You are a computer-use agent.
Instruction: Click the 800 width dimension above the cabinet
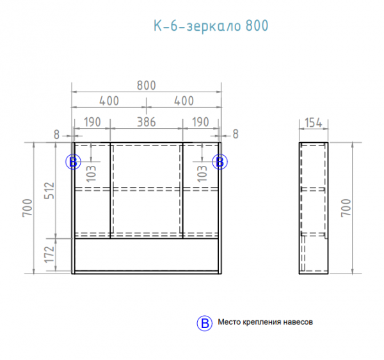click(146, 86)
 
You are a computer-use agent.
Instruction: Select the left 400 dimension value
click(109, 101)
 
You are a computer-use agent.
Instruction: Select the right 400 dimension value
click(184, 101)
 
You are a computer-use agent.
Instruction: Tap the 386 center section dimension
click(146, 122)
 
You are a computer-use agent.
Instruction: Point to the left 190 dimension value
click(92, 122)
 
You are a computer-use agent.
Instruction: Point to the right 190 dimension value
click(200, 122)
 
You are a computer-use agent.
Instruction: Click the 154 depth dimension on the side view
click(314, 122)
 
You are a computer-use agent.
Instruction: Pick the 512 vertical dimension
click(49, 190)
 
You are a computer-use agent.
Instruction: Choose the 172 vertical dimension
click(49, 254)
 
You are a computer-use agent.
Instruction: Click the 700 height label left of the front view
click(27, 208)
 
